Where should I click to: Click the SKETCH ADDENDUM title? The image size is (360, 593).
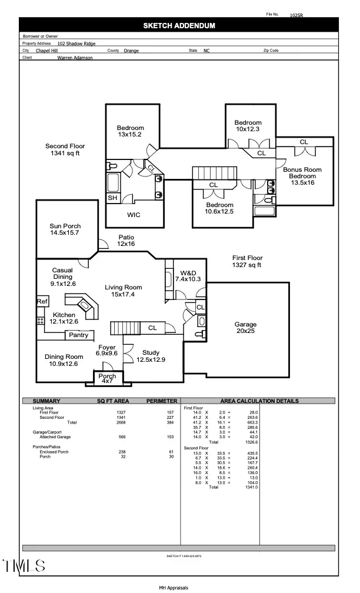[x=179, y=25]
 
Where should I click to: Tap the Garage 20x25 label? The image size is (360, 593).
[x=245, y=328]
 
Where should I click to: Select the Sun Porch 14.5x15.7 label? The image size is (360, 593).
[x=65, y=229]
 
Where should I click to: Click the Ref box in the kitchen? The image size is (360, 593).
[x=42, y=301]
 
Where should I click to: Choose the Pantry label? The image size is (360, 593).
[x=78, y=335]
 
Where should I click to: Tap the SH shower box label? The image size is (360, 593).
[x=112, y=198]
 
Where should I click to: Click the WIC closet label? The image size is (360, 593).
[x=134, y=215]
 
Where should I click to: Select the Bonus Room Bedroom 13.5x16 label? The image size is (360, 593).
[x=302, y=176]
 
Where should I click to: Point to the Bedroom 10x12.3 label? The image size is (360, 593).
[x=248, y=126]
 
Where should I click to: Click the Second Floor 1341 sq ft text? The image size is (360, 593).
[x=65, y=149]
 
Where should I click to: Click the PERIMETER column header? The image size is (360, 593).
[x=162, y=401]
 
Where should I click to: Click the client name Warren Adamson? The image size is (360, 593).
[x=75, y=58]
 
